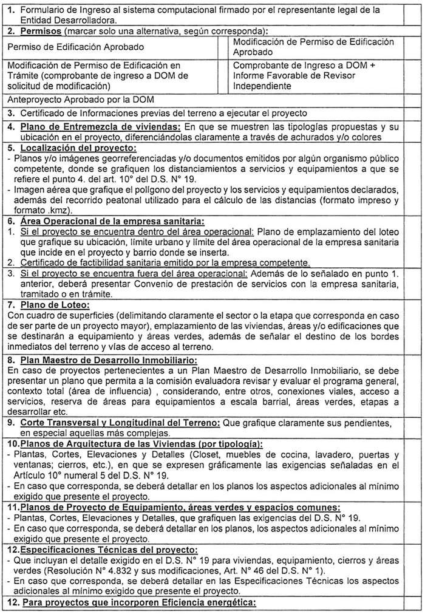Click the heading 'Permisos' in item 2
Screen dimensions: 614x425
[x=40, y=31]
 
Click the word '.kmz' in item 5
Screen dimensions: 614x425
[x=47, y=210]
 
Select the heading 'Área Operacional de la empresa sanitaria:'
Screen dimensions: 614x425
[x=112, y=220]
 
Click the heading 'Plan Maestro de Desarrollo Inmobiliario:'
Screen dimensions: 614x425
[x=104, y=360]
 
